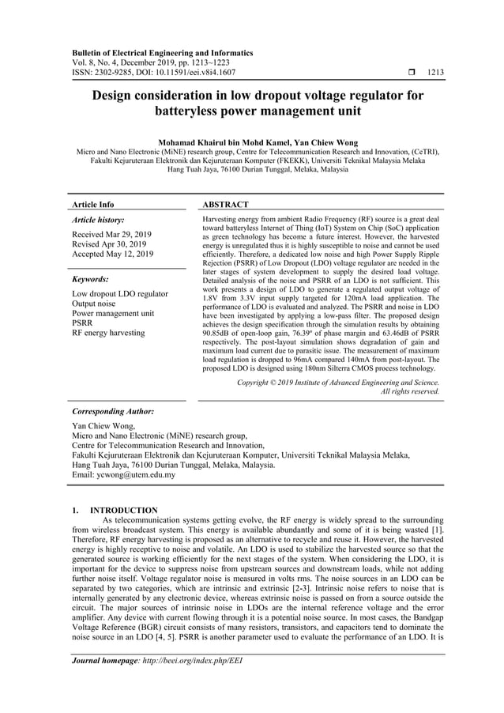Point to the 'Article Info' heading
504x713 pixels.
[93, 204]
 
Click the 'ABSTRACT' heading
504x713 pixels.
[226, 204]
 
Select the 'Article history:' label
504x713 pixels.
[98, 220]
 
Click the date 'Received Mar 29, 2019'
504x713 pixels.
[112, 235]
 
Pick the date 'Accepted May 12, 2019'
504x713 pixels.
[113, 255]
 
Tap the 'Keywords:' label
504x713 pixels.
[90, 279]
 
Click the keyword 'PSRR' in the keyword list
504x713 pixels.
[82, 323]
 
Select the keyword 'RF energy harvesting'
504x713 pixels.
[108, 333]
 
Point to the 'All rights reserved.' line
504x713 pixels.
[410, 391]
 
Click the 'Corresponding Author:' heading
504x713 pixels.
[113, 412]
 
